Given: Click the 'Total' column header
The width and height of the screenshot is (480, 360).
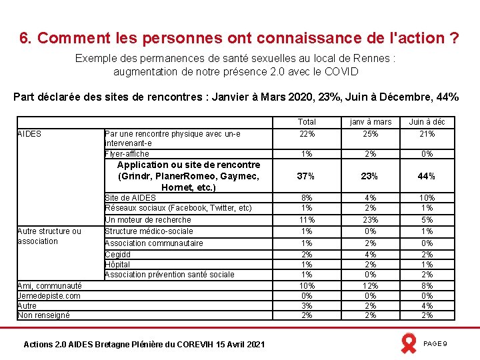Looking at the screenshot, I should point(307,122).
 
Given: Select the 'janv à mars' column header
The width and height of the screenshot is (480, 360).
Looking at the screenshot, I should point(370,122).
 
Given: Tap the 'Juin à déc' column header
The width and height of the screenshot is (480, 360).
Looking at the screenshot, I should point(427,122).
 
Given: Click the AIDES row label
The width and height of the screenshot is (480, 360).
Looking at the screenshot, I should point(29,134).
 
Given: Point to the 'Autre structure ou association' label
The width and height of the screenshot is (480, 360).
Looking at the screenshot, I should point(49,236).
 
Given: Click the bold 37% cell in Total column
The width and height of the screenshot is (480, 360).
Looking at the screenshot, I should point(307,176).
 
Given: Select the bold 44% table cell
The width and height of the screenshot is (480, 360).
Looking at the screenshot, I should point(427,176).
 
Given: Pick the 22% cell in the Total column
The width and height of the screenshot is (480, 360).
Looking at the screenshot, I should point(307,134).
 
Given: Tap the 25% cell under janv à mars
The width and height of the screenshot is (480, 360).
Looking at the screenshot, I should point(370,134).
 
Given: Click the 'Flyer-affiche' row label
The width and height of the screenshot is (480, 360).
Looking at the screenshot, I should point(127,154).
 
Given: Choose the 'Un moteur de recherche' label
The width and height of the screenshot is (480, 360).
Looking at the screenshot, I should point(148,220).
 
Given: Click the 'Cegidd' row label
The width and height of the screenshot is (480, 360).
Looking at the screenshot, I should point(118,255).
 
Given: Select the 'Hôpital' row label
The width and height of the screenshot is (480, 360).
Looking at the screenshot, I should point(117,265).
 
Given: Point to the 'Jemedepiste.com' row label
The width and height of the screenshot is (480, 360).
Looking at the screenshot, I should point(49,296).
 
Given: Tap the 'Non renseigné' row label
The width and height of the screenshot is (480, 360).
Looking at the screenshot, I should point(44,315).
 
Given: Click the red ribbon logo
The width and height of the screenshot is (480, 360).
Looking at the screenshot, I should point(408,343).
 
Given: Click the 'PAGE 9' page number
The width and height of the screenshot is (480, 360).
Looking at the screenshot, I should point(435,343).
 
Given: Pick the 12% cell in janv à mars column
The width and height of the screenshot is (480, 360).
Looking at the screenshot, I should point(370,286).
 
